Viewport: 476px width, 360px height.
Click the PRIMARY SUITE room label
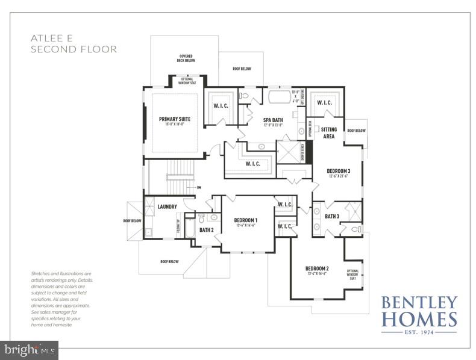175,119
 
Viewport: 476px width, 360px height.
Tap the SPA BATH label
273,120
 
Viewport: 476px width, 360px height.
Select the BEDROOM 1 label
246,220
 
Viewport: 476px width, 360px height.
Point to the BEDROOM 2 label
317,268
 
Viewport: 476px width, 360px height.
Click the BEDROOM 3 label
339,171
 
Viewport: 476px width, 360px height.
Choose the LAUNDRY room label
167,207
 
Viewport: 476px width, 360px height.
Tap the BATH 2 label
207,230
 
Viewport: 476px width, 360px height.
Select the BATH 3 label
332,216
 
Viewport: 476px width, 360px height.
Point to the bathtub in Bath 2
189,229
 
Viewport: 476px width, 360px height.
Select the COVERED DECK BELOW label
185,59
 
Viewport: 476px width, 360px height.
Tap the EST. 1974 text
419,331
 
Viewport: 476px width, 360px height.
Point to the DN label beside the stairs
198,187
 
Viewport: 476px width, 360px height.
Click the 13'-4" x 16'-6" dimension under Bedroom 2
317,274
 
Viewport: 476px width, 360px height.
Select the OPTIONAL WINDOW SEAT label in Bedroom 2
353,275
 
